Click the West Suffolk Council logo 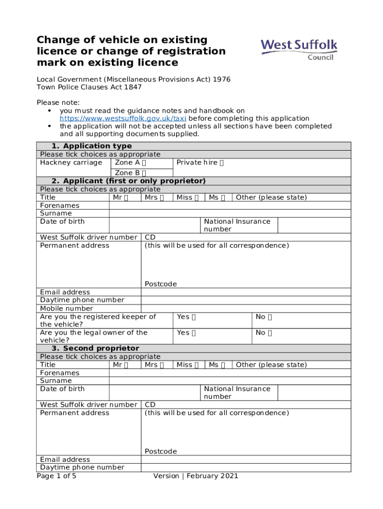tap(299, 50)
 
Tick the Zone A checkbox tap(144, 163)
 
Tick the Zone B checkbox tap(144, 173)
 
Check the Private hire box tap(221, 163)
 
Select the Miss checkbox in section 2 tap(196, 198)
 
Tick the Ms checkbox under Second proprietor tap(223, 365)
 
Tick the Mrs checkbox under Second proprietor tap(162, 365)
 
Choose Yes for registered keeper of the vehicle tap(193, 317)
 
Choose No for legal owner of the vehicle tap(270, 333)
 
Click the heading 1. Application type tap(92, 146)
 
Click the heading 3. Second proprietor tap(96, 348)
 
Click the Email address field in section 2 tap(246, 292)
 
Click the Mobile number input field tap(246, 309)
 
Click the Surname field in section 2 tap(230, 214)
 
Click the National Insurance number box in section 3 tap(314, 393)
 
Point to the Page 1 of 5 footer tap(56, 476)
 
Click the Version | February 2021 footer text tap(195, 476)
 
